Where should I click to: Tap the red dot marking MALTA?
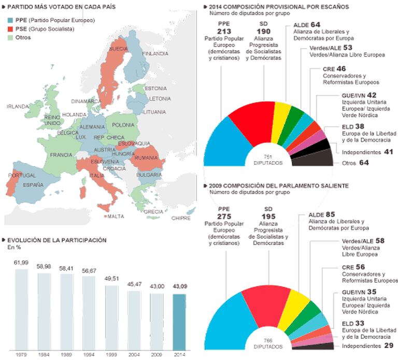[105, 216]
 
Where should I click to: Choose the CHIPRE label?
[181, 218]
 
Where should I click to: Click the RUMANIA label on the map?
[147, 157]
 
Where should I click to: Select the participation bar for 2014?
[179, 322]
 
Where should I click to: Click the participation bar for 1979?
[21, 309]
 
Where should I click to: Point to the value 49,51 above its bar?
[111, 278]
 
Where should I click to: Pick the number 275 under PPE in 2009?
[223, 217]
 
